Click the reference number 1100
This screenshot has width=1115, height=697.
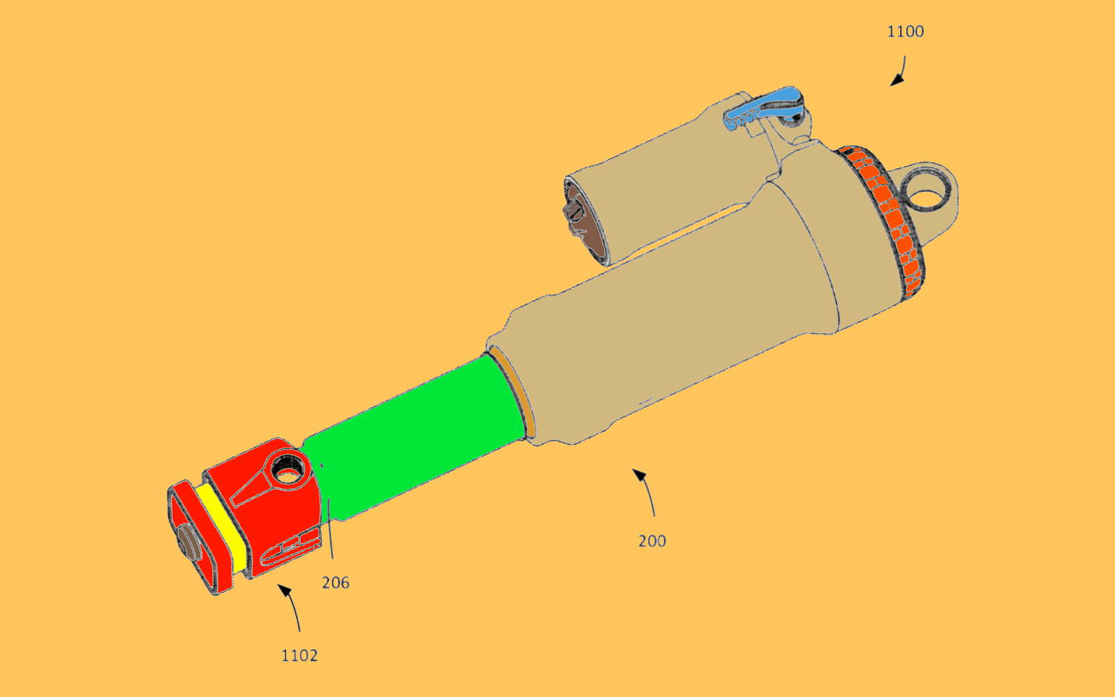pyautogui.click(x=905, y=32)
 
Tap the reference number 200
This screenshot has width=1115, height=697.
pyautogui.click(x=652, y=541)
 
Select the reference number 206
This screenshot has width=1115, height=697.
pyautogui.click(x=335, y=583)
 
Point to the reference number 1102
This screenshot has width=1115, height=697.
pyautogui.click(x=299, y=655)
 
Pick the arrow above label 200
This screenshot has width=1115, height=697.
pyautogui.click(x=645, y=491)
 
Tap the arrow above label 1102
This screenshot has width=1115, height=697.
pyautogui.click(x=291, y=606)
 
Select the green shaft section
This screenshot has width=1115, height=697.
pyautogui.click(x=415, y=438)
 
